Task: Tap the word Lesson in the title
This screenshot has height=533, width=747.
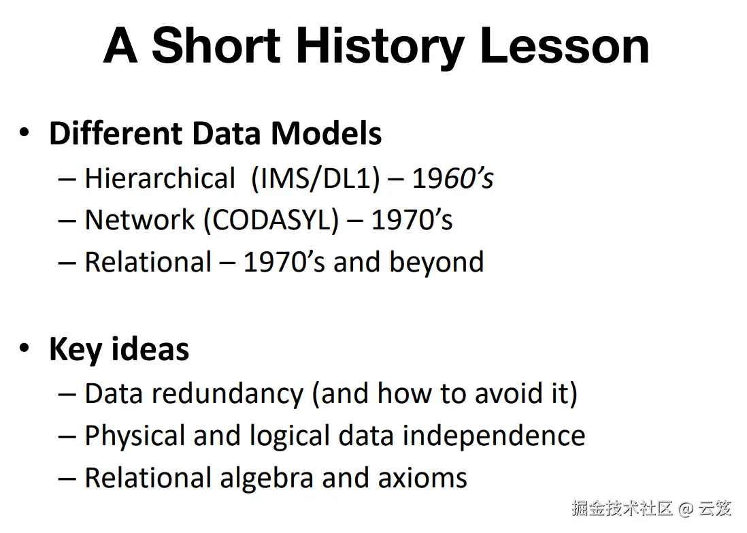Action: [x=565, y=46]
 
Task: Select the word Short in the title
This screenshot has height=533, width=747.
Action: [x=216, y=46]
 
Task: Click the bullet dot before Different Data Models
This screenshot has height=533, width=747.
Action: [x=24, y=132]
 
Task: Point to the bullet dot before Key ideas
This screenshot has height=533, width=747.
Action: [x=24, y=348]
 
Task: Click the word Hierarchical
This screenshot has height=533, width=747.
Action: [x=160, y=178]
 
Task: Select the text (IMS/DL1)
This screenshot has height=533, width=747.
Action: [x=316, y=179]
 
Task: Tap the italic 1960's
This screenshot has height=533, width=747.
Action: [x=452, y=179]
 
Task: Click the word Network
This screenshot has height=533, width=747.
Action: [x=139, y=220]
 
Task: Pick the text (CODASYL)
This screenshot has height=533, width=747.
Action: [x=271, y=221]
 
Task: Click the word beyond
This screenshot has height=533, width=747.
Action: [x=436, y=262]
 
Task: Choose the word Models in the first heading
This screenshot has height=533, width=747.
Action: [x=327, y=133]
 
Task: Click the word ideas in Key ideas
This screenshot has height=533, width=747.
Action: [x=150, y=349]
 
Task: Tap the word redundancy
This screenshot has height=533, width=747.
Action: [x=228, y=394]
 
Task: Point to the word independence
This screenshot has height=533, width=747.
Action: [x=493, y=436]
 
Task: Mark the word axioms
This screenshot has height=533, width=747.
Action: [x=422, y=478]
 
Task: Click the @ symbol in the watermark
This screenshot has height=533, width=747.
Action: [x=686, y=508]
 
